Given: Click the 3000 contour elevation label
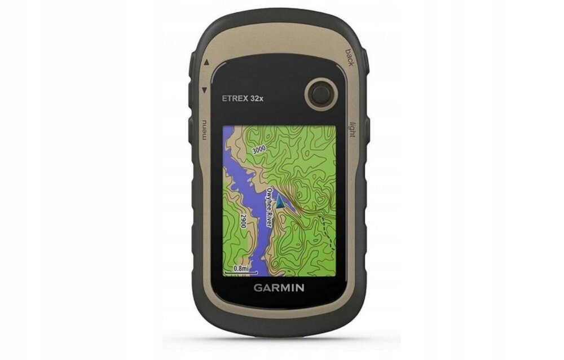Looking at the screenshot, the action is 259,150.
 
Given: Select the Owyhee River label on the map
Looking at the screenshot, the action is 274,207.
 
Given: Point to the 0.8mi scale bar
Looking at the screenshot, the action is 240,270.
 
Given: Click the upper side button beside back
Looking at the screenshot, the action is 364,59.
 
